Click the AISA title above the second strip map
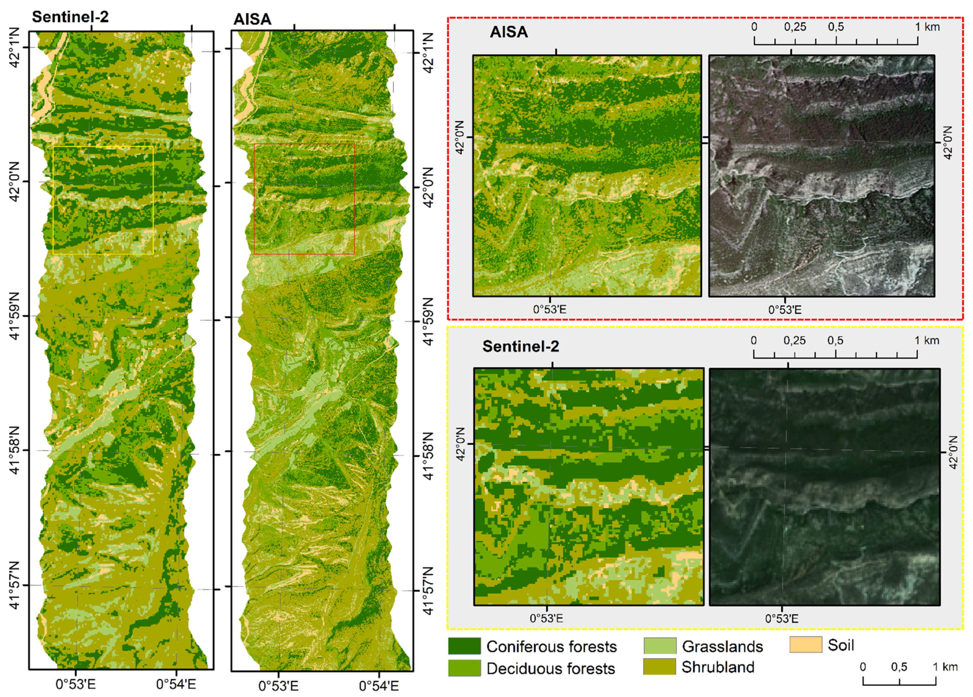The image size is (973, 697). [x=252, y=19]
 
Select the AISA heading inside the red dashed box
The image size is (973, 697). [x=509, y=32]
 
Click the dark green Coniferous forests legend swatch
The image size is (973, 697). [x=464, y=646]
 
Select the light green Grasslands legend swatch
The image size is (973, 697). [x=660, y=646]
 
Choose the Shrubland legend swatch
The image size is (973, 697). [x=660, y=667]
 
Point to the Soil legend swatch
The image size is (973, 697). [x=806, y=645]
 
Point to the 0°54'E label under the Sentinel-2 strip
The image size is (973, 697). [x=176, y=684]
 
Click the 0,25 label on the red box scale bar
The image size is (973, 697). [x=795, y=27]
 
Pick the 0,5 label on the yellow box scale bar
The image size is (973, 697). [x=835, y=341]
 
